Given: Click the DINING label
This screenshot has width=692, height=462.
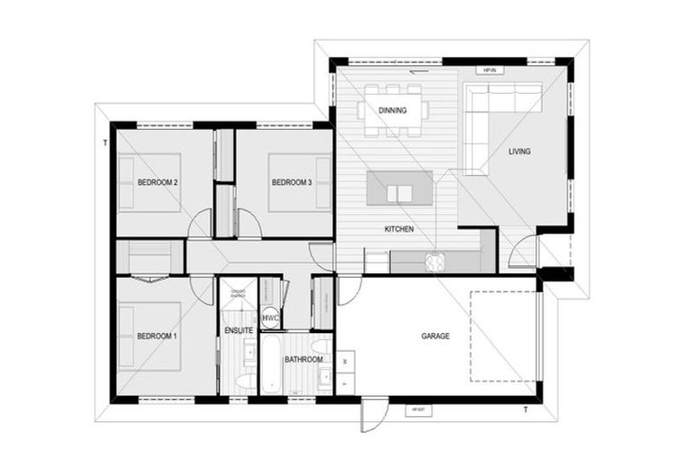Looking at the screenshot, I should tap(392, 111).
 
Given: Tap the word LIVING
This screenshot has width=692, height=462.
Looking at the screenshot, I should tap(519, 152).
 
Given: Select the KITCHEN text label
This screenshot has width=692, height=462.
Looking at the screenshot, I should tap(399, 229).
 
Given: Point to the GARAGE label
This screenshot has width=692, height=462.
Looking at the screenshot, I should tap(435, 337).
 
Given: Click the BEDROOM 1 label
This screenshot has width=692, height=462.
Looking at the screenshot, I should tap(157, 337).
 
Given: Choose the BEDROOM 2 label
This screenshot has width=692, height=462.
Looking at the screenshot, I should tap(157, 183).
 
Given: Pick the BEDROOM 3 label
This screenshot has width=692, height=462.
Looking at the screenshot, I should tap(291, 183).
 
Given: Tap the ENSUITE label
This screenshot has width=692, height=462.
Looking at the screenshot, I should tap(239, 331).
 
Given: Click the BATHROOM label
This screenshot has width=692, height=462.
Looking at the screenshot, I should tap(304, 359).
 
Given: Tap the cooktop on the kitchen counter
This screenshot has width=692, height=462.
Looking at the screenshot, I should tap(436, 261).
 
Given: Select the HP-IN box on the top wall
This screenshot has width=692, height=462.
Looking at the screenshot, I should tap(491, 68).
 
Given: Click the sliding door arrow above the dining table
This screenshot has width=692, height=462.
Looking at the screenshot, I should tap(418, 73).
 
